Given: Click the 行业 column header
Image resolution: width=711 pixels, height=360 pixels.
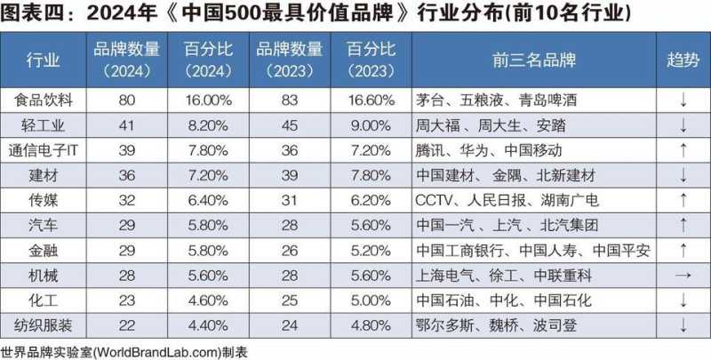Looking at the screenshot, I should tap(44, 60).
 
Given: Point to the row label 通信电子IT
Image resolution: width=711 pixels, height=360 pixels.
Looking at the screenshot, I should tap(44, 149).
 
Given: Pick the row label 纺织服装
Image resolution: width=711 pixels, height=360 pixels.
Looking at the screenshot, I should tap(44, 324).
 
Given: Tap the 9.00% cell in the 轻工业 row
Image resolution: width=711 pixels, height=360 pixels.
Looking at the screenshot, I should tap(370, 124).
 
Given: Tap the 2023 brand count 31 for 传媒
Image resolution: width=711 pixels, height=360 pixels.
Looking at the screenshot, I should tap(289, 199).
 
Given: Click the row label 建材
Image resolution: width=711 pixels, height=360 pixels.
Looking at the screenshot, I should tap(44, 174).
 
